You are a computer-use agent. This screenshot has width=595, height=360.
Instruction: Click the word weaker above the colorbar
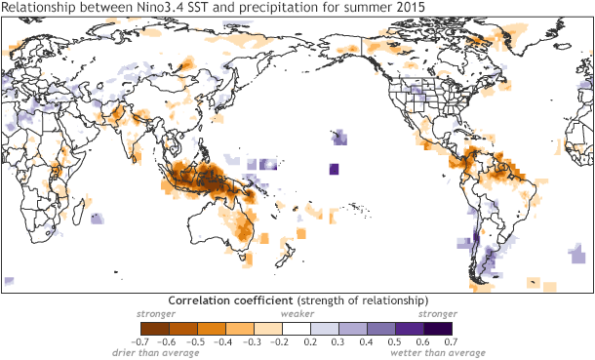tap(297, 315)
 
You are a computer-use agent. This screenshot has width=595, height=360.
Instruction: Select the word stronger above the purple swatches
tap(437, 315)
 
